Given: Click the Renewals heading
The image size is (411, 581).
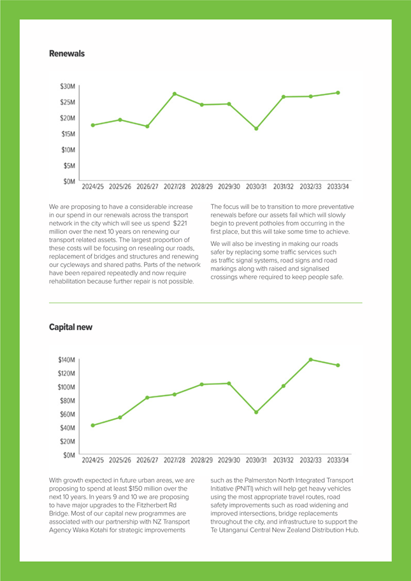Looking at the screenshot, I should pos(67,54).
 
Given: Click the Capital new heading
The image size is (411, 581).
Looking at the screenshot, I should pos(71,327).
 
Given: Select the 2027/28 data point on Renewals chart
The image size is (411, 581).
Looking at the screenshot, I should pos(175,94).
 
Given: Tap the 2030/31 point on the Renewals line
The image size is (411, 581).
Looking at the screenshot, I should pos(256,129).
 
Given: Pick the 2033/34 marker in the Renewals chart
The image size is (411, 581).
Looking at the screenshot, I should pos(338,92).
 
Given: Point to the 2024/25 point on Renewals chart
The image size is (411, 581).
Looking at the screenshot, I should pos(93,125).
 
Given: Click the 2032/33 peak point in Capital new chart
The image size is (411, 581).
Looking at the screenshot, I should pos(311,359).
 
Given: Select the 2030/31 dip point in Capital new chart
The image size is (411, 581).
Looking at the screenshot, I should pos(256,412).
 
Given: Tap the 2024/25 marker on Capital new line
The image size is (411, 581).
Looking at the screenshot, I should pos(93,425).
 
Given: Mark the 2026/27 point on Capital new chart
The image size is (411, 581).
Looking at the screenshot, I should pos(147,398).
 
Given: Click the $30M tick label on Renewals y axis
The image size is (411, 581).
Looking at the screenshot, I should pos(68,86).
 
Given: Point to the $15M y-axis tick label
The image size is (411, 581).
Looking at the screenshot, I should pos(68,134).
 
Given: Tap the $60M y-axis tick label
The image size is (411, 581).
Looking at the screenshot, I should pos(68,414).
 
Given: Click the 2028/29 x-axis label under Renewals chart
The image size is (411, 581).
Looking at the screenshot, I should pos(201,187).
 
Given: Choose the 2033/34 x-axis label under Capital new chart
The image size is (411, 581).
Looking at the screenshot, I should pos(338,459).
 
